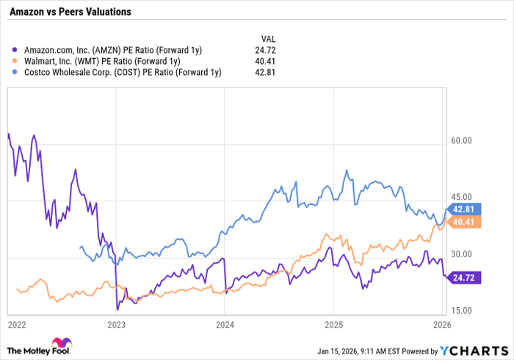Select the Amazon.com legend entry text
(110, 49)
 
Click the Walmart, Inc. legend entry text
(101, 61)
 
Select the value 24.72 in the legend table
(268, 49)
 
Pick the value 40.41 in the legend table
(268, 61)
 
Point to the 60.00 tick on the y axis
(461, 141)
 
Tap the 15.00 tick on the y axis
(461, 311)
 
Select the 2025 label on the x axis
(334, 324)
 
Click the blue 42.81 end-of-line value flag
(463, 209)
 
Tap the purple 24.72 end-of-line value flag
(463, 278)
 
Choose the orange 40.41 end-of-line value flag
(463, 222)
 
